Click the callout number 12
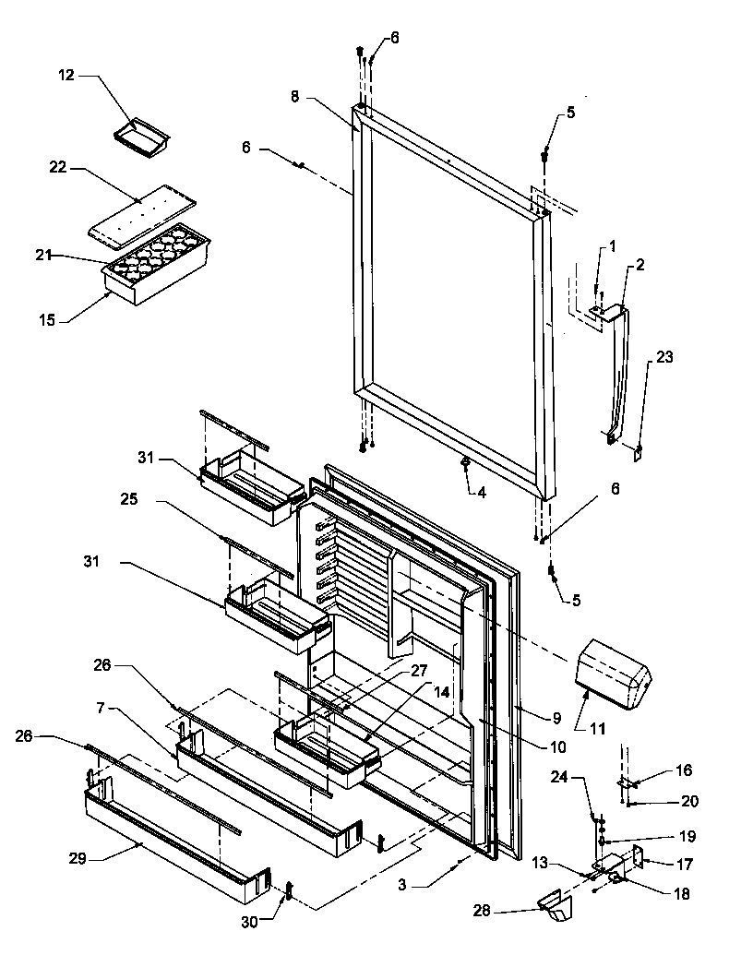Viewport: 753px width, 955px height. pos(66,75)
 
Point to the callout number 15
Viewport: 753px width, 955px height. pos(47,320)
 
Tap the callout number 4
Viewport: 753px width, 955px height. pos(481,492)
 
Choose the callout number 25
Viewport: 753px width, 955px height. pos(129,498)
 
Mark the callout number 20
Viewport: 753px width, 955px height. pos(689,801)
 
